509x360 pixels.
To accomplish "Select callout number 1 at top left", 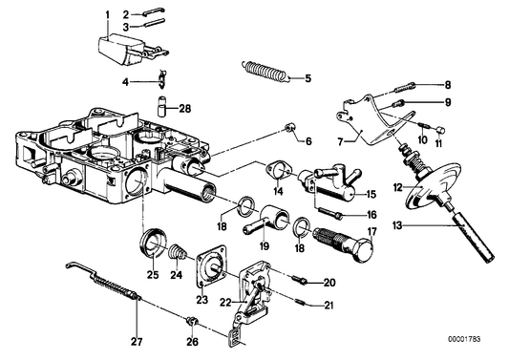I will point(107,14).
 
